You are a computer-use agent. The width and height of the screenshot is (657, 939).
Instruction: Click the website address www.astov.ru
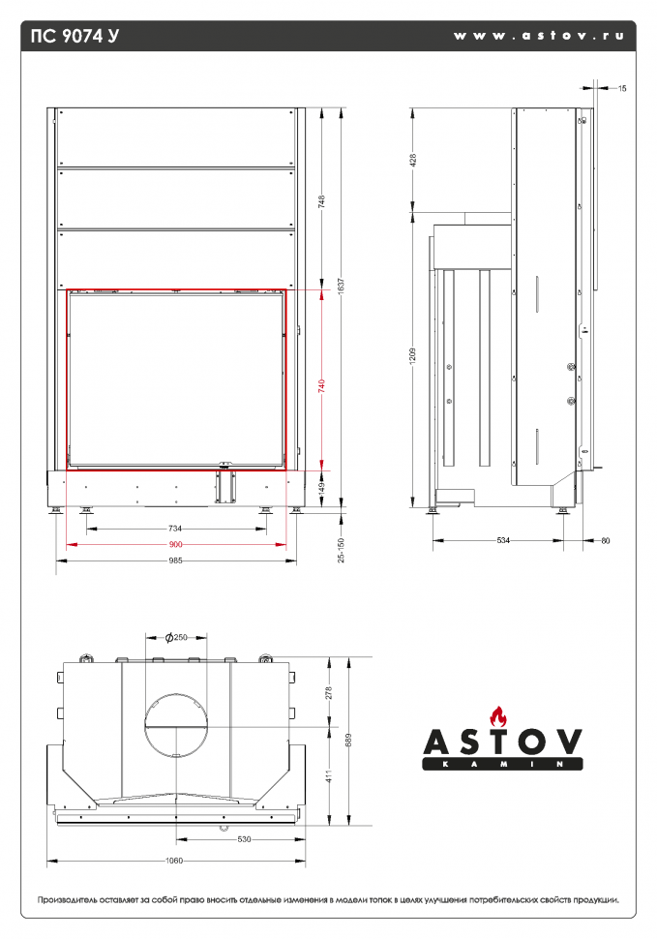pyautogui.click(x=538, y=36)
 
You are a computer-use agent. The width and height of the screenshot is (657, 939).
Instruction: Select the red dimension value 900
pyautogui.click(x=175, y=545)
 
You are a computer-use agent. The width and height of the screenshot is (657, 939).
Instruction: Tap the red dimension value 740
pyautogui.click(x=321, y=385)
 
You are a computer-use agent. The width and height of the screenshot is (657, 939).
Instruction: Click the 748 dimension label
pyautogui.click(x=321, y=201)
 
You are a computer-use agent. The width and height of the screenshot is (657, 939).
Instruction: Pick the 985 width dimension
pyautogui.click(x=175, y=561)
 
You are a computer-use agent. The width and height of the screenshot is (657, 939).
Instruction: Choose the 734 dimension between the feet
pyautogui.click(x=175, y=530)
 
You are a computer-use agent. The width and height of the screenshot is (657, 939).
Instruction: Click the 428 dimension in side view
pyautogui.click(x=412, y=161)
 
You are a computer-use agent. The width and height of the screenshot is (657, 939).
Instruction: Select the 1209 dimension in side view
pyautogui.click(x=412, y=355)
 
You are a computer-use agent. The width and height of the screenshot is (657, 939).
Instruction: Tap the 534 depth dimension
pyautogui.click(x=502, y=540)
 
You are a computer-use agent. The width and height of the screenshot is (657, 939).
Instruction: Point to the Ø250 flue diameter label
pyautogui.click(x=175, y=637)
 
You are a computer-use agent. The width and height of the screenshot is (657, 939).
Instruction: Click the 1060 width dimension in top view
pyautogui.click(x=175, y=860)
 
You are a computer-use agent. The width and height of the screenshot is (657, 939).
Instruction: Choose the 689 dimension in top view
pyautogui.click(x=348, y=741)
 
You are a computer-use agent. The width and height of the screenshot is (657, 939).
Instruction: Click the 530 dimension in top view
pyautogui.click(x=243, y=839)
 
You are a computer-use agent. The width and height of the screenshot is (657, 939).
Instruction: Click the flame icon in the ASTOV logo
pyautogui.click(x=499, y=717)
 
